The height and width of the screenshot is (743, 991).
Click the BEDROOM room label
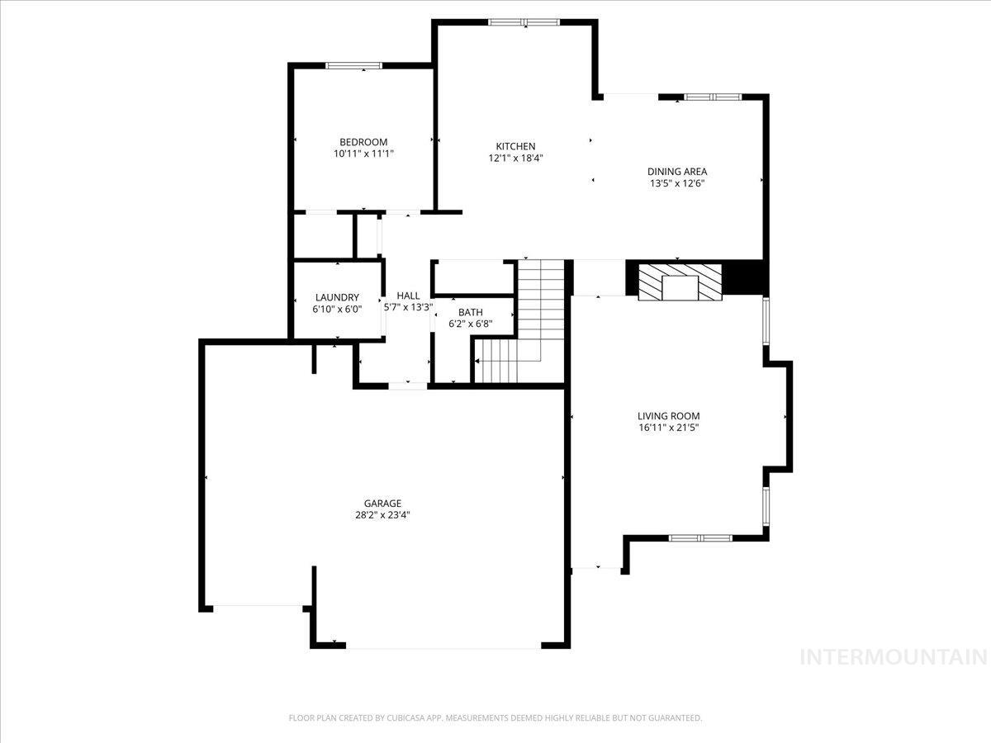363,142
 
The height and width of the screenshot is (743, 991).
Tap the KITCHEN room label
515,146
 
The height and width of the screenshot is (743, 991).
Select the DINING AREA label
677,172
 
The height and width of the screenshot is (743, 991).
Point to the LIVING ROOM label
668,416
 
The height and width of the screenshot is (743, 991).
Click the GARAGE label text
382,503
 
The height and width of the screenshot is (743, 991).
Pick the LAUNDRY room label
337,297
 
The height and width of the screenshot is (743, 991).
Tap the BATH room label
471,312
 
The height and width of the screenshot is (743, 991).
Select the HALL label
408,296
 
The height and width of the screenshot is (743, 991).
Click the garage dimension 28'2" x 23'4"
382,515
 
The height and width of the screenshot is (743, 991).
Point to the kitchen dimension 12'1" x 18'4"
515,158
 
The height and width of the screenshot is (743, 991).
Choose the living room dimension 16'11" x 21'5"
668,428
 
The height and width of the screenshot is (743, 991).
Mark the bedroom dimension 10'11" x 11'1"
363,154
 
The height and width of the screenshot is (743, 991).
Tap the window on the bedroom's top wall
353,65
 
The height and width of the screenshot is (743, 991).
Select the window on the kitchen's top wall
524,22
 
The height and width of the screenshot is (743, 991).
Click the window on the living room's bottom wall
699,538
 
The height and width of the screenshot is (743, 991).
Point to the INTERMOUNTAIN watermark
894,657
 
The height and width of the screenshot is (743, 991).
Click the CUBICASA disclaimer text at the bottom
495,718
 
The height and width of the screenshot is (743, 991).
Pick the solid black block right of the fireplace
746,277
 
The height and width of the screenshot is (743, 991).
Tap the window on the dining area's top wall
714,97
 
